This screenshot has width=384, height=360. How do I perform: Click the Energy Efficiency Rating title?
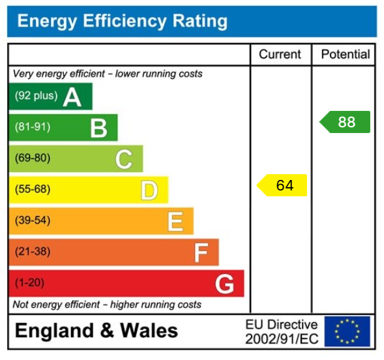coord(122,22)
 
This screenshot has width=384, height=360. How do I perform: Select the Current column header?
coord(280,55)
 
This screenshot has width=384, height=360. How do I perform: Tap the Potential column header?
coord(345,55)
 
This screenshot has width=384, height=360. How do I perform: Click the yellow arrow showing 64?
coord(282,185)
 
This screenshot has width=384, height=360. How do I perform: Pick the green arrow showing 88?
coord(345,122)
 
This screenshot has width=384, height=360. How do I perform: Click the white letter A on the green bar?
coord(72,97)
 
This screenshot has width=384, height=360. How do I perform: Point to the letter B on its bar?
coord(98,128)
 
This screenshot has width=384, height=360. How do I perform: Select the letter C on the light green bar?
coord(124,159)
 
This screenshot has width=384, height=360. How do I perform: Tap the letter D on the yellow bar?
coord(149,190)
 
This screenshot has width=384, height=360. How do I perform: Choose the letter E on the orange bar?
coord(175,222)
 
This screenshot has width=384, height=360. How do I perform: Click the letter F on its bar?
coord(201,253)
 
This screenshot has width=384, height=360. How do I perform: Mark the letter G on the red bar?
coord(224,284)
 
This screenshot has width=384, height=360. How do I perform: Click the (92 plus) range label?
coord(36,96)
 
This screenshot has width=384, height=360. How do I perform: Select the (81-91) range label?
coord(33,127)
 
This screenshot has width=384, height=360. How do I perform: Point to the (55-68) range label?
coord(33,190)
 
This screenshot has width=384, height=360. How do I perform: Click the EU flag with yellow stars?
coord(347,331)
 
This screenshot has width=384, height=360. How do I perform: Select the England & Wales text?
coord(96,331)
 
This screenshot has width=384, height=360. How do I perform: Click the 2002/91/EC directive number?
coord(282,339)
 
